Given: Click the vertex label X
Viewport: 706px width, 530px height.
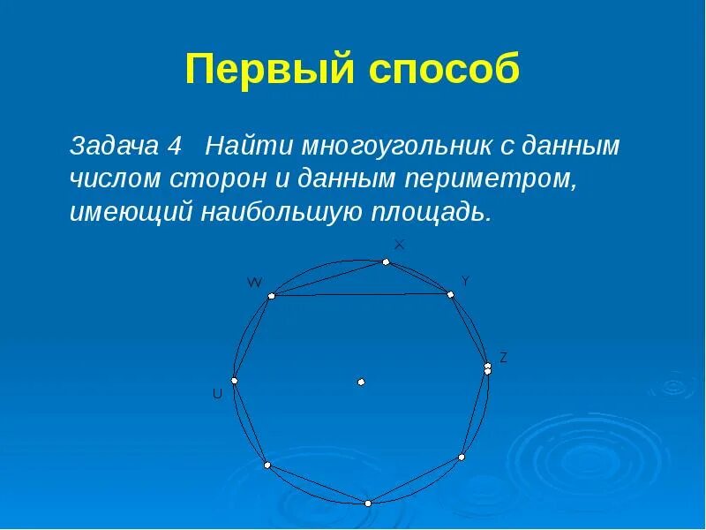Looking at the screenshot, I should coord(399,245).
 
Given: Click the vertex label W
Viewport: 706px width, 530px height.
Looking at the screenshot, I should coord(254,283).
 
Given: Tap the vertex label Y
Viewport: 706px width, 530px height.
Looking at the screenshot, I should coord(465,281).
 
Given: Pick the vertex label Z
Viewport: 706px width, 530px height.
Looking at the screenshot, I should coord(503,358).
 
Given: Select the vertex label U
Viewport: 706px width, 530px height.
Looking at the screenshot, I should coord(217,395).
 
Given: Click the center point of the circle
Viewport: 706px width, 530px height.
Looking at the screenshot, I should coord(361,382).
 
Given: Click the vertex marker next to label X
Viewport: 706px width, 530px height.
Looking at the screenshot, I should coord(386,261).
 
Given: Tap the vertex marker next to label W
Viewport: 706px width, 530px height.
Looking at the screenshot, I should coord(271,296).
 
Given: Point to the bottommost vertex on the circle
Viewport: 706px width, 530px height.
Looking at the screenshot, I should coord(368,503).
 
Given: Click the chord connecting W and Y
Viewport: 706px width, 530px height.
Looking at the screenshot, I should coord(362,295).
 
